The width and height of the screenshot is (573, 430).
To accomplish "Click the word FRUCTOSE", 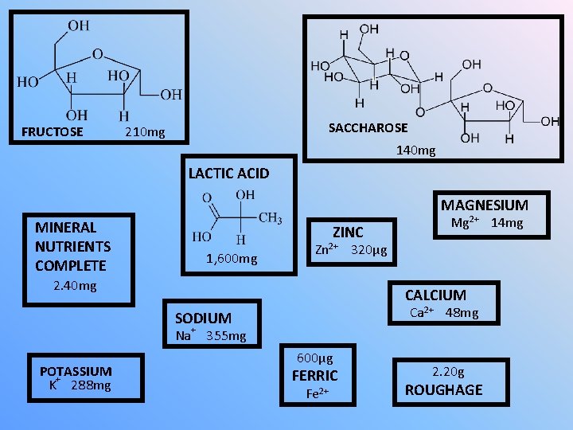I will coord(52,131).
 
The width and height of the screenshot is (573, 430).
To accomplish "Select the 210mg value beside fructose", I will coord(145,131).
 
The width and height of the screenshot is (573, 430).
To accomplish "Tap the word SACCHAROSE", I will coord(368,127).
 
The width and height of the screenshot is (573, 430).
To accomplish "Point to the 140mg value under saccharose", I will coord(415,150).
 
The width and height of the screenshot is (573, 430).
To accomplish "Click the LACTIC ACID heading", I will coord(228,173).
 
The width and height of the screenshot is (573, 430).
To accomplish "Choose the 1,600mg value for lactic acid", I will coord(232,258).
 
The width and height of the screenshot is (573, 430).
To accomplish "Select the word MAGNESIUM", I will coord(484,205).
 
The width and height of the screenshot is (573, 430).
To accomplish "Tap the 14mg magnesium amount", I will coord(507,223).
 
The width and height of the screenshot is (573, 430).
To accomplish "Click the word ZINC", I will coord(348,232).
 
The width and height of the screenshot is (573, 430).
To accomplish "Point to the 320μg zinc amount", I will coord(369,250).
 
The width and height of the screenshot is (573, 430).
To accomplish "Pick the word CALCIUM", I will coord(435,295).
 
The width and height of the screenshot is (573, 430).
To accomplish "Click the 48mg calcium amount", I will coord(462,313).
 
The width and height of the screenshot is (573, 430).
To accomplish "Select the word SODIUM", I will coord(203,318).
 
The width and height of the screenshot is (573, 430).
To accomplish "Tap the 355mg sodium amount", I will coord(226,336).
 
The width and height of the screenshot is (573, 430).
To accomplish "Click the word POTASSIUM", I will coord(76,371).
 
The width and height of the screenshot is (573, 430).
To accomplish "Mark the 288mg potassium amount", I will coord(91,386).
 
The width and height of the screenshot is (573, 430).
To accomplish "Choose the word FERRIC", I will coord(315,375).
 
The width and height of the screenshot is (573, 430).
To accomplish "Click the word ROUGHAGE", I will coord(443,389).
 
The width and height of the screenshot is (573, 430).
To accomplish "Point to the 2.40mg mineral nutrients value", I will coord(74,286).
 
